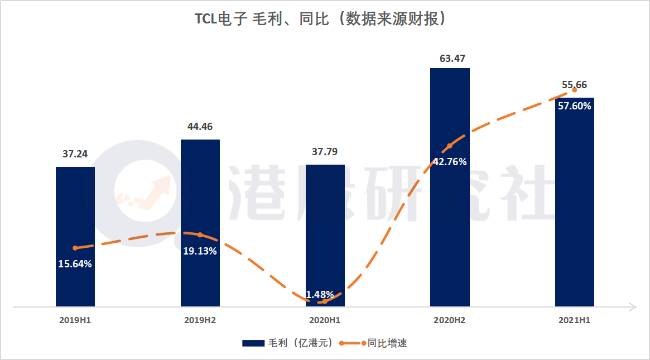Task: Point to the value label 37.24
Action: (x=75, y=154)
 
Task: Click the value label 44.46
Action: (x=200, y=127)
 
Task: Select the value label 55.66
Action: (x=574, y=85)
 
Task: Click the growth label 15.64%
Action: (x=75, y=264)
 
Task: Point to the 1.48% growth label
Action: (x=320, y=294)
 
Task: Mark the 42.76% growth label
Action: (x=450, y=162)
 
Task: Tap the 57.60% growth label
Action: (x=575, y=106)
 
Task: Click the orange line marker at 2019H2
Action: (x=200, y=235)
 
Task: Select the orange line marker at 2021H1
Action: (x=575, y=90)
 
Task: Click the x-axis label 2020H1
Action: (x=325, y=321)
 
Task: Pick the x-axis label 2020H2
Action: (x=450, y=321)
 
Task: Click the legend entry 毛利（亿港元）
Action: (x=287, y=343)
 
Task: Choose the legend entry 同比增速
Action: (x=379, y=343)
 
